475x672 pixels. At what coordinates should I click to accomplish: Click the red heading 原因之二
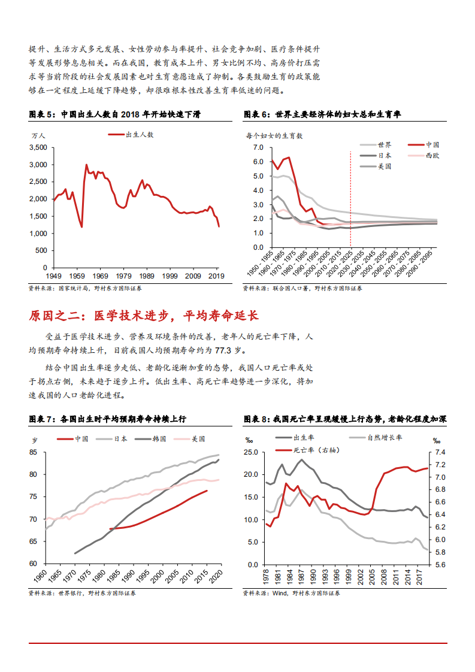coord(144,316)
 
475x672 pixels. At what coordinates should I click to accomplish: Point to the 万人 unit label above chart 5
coord(38,135)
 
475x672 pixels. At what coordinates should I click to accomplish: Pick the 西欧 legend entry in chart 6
coord(432,156)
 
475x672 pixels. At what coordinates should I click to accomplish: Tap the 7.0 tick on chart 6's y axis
coord(259,147)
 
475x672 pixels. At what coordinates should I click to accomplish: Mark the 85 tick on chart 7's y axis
coord(34,452)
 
